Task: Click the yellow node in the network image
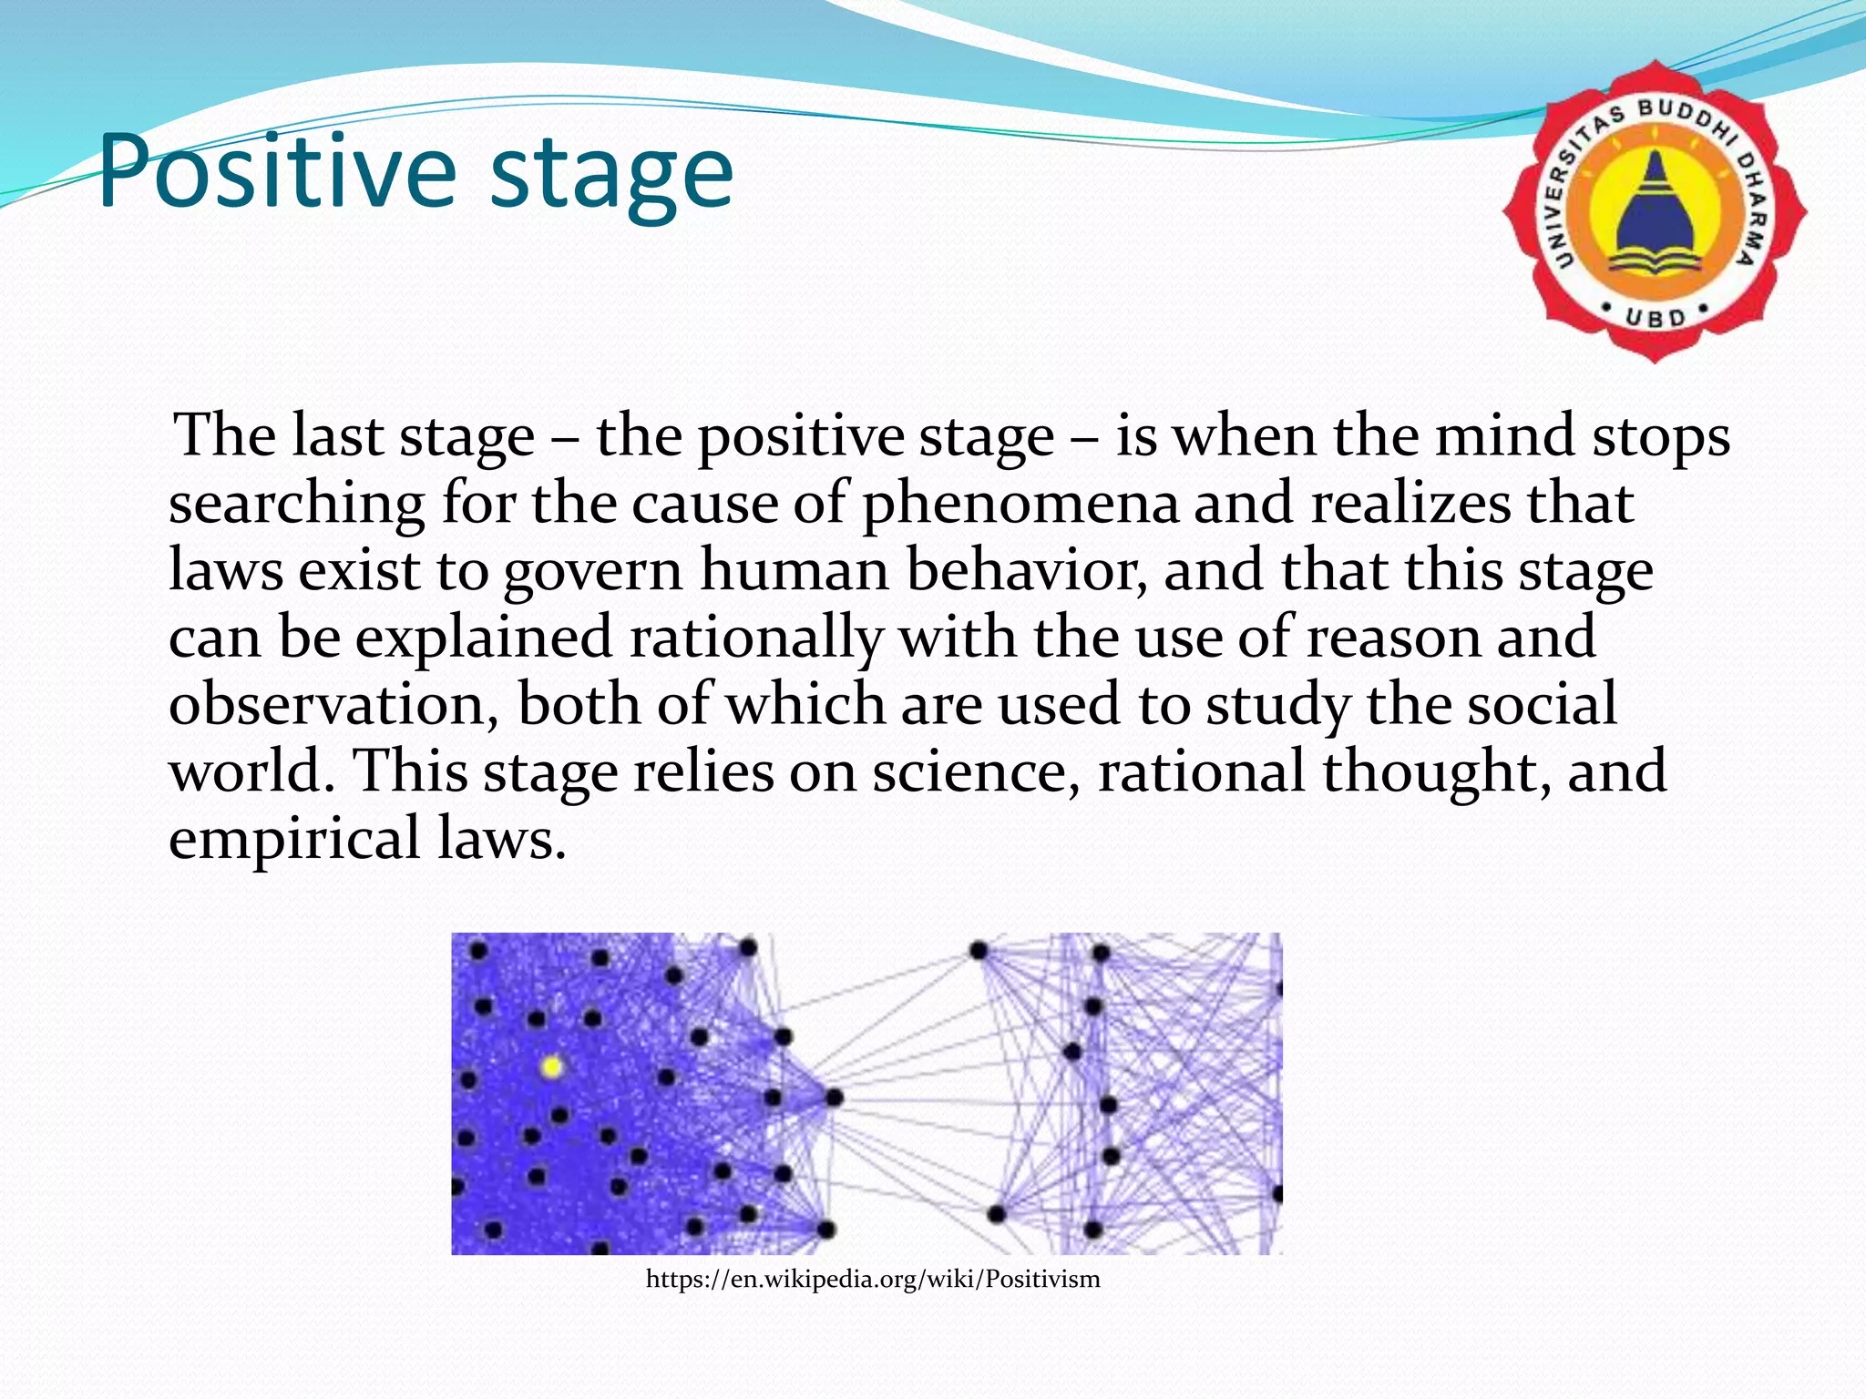pos(551,1067)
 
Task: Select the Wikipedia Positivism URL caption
pos(873,1280)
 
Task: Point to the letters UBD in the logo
pos(1656,318)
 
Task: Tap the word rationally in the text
pos(756,638)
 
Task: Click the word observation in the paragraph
pos(333,705)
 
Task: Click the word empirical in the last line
pos(294,839)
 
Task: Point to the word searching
pos(296,504)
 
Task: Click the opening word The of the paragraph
pos(224,436)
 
